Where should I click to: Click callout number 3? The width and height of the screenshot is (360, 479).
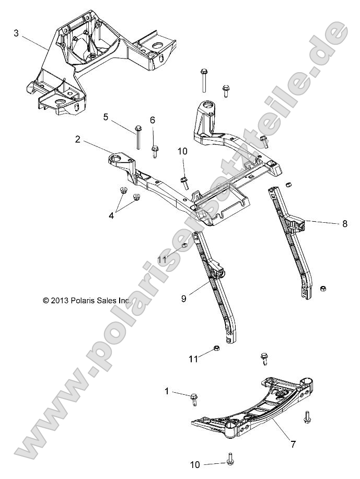pyautogui.click(x=16, y=33)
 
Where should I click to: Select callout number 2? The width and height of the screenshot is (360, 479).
pyautogui.click(x=77, y=139)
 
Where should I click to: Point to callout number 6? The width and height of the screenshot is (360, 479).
pyautogui.click(x=153, y=120)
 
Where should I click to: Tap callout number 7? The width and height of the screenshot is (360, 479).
pyautogui.click(x=293, y=444)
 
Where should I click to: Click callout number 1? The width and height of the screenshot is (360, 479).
pyautogui.click(x=167, y=391)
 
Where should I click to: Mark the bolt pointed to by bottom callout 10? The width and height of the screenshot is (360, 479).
pyautogui.click(x=230, y=459)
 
